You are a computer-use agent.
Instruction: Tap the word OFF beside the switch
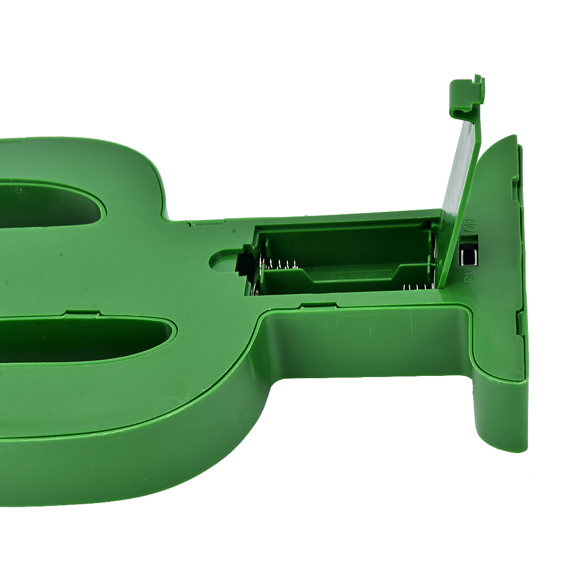click(470, 224)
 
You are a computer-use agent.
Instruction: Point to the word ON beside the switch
click(470, 276)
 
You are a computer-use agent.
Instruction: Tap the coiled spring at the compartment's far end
click(279, 265)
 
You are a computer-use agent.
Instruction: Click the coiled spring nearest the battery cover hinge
click(417, 287)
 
